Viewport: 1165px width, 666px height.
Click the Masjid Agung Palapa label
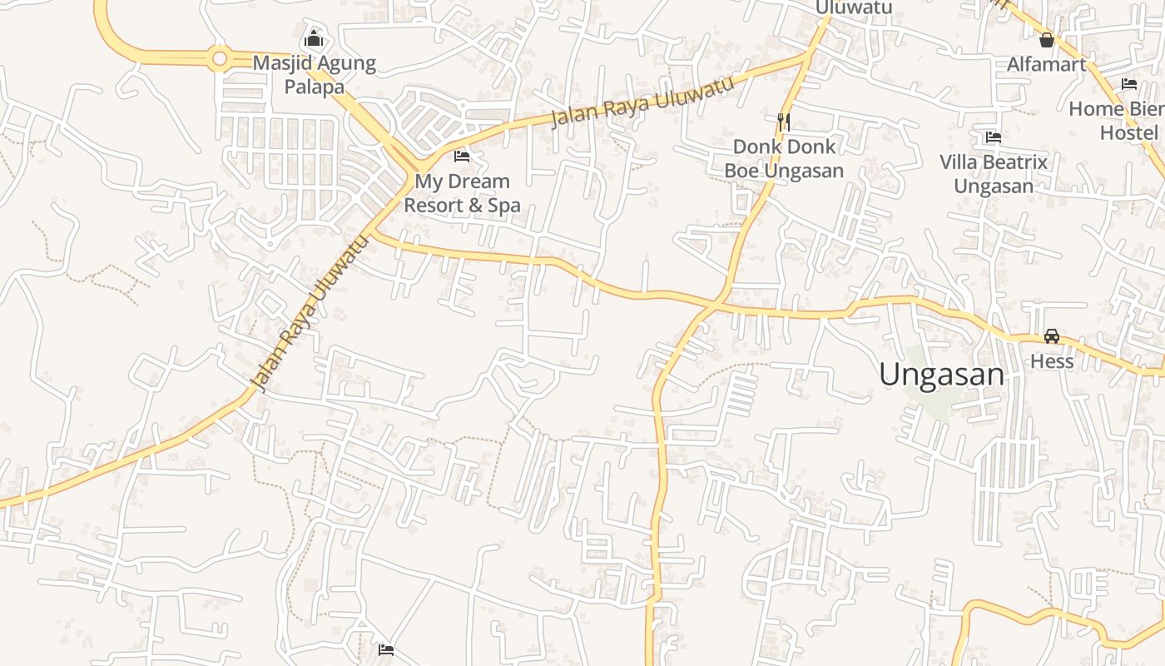(x=314, y=74)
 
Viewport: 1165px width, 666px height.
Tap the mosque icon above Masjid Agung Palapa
(x=314, y=38)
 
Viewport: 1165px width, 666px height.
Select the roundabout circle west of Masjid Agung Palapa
(x=220, y=58)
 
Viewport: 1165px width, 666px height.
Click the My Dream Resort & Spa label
(x=462, y=192)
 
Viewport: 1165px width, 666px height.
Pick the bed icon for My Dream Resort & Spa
(x=462, y=156)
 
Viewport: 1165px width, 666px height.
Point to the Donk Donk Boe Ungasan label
(x=783, y=158)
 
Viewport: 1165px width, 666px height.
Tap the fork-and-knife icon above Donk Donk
(x=783, y=122)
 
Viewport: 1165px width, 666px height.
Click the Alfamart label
(x=1046, y=64)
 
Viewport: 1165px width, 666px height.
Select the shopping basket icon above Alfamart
(x=1047, y=39)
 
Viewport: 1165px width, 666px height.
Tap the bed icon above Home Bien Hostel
(x=1129, y=84)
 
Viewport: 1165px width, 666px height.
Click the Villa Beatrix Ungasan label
(x=993, y=173)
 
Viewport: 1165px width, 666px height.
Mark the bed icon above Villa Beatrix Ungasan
(x=993, y=137)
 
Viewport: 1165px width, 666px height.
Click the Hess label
(x=1052, y=361)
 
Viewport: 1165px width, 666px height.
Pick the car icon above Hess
(x=1052, y=336)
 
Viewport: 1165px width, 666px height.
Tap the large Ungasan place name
(x=941, y=375)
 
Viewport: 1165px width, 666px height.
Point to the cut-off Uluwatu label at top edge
(x=854, y=7)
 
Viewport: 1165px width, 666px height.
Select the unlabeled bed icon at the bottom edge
(x=385, y=649)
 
